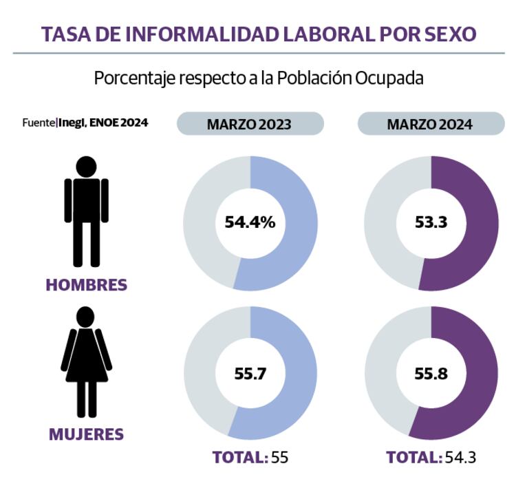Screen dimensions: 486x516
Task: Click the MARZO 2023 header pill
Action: click(x=250, y=124)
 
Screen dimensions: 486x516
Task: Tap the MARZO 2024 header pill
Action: click(x=430, y=124)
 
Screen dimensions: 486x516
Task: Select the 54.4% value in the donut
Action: click(x=250, y=222)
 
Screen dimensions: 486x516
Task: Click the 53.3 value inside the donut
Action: click(x=430, y=222)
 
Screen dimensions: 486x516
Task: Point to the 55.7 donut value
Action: click(x=250, y=373)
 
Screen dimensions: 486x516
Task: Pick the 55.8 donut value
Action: click(x=430, y=373)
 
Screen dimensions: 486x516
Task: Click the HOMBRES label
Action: click(x=87, y=284)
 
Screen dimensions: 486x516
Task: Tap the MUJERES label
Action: click(x=87, y=434)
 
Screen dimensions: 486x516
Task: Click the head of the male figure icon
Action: click(x=87, y=167)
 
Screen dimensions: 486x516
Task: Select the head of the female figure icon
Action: click(x=87, y=317)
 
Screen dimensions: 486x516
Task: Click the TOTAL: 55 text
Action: click(x=250, y=457)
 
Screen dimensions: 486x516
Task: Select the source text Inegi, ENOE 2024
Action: click(x=103, y=123)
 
